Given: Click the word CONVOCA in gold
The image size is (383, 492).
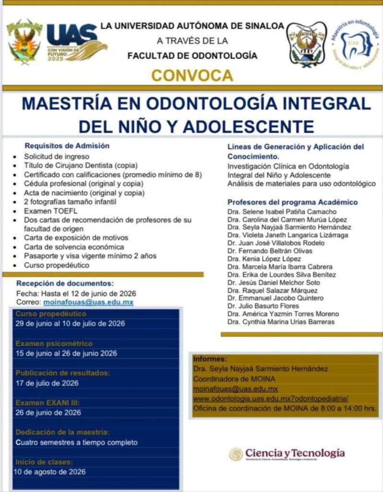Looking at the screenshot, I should pos(192,75).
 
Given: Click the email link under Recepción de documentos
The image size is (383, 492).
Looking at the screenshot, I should pos(88,302).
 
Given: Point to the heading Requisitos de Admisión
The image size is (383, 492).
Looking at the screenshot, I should pos(67,146).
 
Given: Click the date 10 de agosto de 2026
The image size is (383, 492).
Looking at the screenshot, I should pos(50,472).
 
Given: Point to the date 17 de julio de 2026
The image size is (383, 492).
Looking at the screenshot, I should pos(47,383).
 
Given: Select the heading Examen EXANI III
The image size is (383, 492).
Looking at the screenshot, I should pos(48,402).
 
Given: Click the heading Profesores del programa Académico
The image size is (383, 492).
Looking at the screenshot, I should pos(292,202).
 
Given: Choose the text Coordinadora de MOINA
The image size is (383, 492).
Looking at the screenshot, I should pos(227,379).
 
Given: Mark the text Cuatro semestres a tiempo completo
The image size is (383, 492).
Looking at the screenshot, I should pos(76,442).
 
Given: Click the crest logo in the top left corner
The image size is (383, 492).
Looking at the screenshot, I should pos(24,41).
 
